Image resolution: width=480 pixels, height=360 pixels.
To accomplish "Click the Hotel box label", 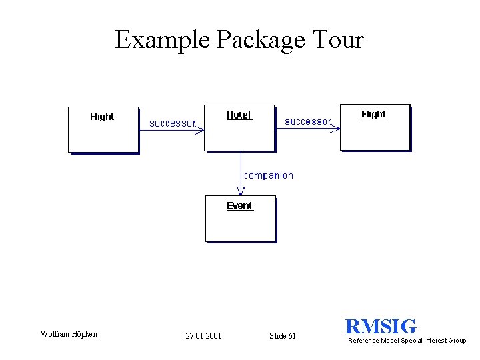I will point(239,115).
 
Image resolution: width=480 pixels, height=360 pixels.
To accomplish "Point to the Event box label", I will point(239,206).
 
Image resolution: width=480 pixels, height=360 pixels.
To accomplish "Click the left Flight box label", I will point(102,117).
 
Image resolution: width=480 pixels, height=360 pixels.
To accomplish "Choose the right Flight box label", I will point(373,115).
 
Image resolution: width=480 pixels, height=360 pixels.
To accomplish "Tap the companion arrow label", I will point(268,175).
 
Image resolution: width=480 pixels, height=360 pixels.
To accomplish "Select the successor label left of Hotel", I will point(172,123).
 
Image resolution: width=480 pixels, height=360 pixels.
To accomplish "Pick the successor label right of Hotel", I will point(307,121).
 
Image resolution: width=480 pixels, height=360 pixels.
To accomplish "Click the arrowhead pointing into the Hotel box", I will point(199,129).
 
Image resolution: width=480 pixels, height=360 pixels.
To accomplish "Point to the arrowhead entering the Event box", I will point(241,191).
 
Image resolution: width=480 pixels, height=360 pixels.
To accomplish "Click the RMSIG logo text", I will point(381,327).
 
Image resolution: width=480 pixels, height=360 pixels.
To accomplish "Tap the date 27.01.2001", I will point(203,336).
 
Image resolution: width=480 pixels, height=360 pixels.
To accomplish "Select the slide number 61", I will point(292,336).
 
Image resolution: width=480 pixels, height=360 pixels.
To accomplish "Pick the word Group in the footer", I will point(457,341).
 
